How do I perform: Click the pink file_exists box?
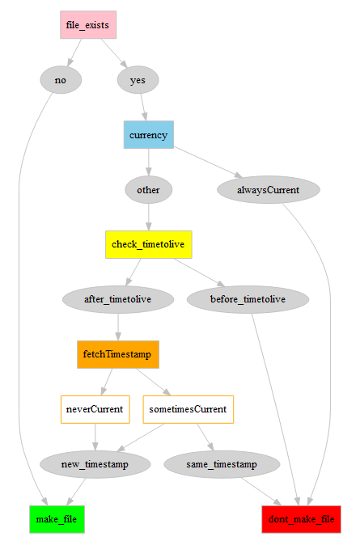[x=88, y=25]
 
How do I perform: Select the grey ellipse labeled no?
[x=61, y=80]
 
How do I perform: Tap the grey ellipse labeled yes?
[x=138, y=80]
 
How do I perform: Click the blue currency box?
[x=148, y=135]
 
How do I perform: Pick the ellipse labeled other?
[x=149, y=190]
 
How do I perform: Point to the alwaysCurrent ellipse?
[x=269, y=190]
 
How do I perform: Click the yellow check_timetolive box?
[x=149, y=244]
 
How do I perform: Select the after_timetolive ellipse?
[x=118, y=299]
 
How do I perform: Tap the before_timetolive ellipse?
[x=248, y=299]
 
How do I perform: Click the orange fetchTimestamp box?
[x=118, y=354]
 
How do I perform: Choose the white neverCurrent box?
[x=95, y=409]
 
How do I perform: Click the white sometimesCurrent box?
[x=188, y=409]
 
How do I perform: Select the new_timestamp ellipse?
[x=95, y=464]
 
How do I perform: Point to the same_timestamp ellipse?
[x=222, y=464]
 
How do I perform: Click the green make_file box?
[x=57, y=519]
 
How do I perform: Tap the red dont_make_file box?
[x=302, y=519]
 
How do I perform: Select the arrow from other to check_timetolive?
[x=149, y=217]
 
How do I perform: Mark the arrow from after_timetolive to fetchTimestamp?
[x=118, y=327]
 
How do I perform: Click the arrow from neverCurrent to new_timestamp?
[x=95, y=437]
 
